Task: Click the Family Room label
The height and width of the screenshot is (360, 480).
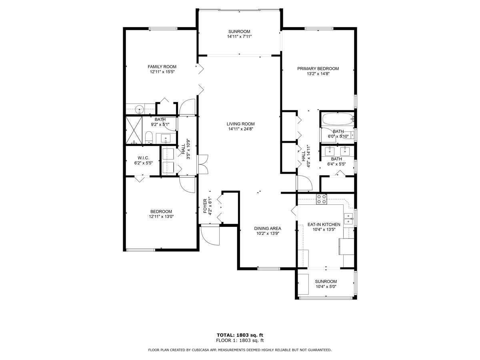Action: (x=162, y=67)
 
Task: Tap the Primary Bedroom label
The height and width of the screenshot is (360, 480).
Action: (x=318, y=68)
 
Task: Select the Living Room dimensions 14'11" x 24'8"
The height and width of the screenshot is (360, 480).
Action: (x=240, y=129)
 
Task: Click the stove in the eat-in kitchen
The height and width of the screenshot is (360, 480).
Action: (x=322, y=199)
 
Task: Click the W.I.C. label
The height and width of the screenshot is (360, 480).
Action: (x=143, y=158)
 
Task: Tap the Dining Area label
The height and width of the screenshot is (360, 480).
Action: (x=268, y=229)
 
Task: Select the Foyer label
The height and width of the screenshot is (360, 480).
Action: (x=205, y=206)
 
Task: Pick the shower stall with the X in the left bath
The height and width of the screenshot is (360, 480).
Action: (x=134, y=130)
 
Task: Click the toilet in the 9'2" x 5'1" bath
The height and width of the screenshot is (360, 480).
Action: (x=149, y=138)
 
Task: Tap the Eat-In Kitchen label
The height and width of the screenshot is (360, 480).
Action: (x=324, y=224)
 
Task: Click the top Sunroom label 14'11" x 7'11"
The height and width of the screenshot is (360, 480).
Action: (x=239, y=32)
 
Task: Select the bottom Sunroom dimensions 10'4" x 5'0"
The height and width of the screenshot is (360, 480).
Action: (x=326, y=286)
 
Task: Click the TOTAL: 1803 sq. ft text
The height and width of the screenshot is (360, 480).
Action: (x=240, y=335)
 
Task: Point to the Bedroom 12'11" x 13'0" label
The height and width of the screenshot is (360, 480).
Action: (x=161, y=212)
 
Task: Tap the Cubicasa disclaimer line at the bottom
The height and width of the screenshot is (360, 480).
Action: (x=240, y=350)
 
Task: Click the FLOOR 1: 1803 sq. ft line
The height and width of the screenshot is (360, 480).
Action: (x=240, y=340)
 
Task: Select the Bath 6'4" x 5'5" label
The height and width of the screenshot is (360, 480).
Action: (x=336, y=159)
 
